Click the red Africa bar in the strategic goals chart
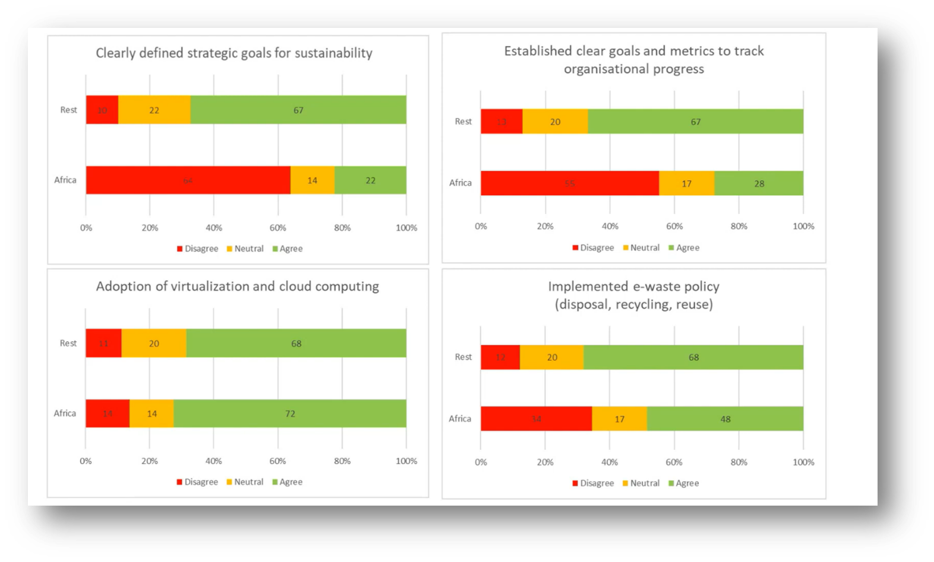click(188, 180)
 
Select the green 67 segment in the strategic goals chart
click(298, 110)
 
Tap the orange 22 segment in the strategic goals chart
click(154, 110)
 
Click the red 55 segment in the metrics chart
click(569, 183)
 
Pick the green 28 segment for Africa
click(759, 183)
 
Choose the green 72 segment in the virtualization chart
click(290, 414)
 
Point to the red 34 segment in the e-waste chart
click(536, 419)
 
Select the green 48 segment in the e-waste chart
click(725, 419)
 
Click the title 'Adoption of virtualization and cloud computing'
click(237, 286)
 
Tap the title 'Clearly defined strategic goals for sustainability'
click(234, 53)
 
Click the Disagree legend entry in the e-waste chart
click(593, 483)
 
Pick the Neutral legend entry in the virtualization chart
click(245, 482)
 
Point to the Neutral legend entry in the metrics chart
click(641, 247)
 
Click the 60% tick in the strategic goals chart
click(278, 228)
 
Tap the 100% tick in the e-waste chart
click(803, 462)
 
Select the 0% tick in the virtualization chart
click(86, 461)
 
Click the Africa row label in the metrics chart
click(460, 183)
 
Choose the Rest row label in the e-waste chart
click(463, 357)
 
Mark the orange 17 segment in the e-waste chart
click(619, 419)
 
